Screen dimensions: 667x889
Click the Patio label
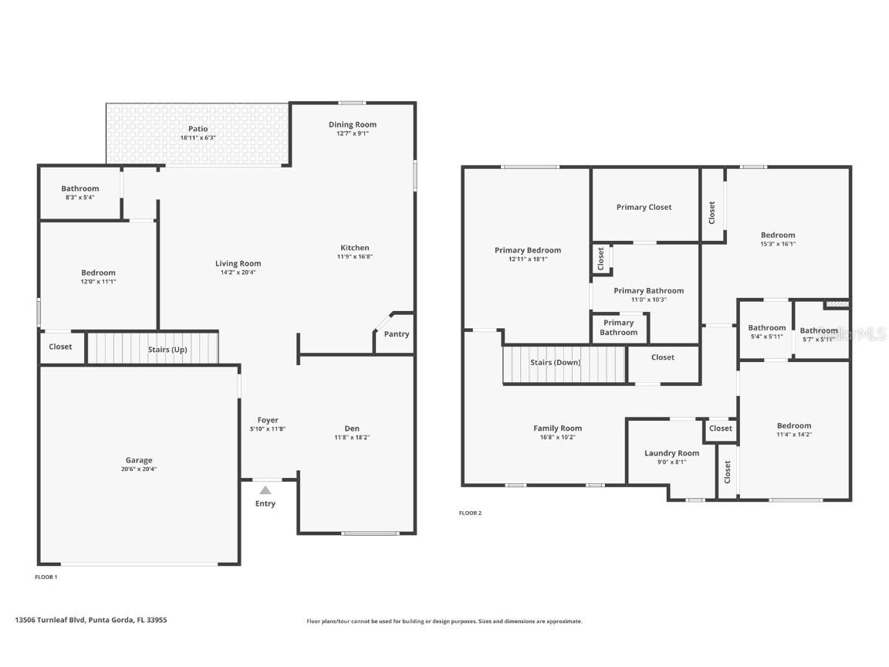pyautogui.click(x=198, y=129)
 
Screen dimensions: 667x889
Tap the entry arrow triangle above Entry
pyautogui.click(x=265, y=489)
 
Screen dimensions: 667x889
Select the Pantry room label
pyautogui.click(x=397, y=334)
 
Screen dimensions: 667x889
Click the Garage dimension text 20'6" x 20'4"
pyautogui.click(x=139, y=469)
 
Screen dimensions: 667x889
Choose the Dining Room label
pyautogui.click(x=353, y=124)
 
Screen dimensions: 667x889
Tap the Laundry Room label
pyautogui.click(x=671, y=453)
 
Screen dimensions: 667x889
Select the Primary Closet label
pyautogui.click(x=644, y=207)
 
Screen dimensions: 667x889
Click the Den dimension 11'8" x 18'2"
pyautogui.click(x=352, y=437)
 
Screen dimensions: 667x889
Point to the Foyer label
pyautogui.click(x=268, y=420)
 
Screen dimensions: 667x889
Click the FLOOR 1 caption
pyautogui.click(x=46, y=577)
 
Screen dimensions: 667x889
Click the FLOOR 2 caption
pyautogui.click(x=470, y=513)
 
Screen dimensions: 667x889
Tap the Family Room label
pyautogui.click(x=557, y=428)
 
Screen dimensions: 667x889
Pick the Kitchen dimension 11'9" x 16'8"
pyautogui.click(x=355, y=256)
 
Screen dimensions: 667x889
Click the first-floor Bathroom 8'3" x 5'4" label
pyautogui.click(x=80, y=188)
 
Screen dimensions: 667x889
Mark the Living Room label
pyautogui.click(x=238, y=263)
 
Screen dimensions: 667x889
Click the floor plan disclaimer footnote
pyautogui.click(x=444, y=621)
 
